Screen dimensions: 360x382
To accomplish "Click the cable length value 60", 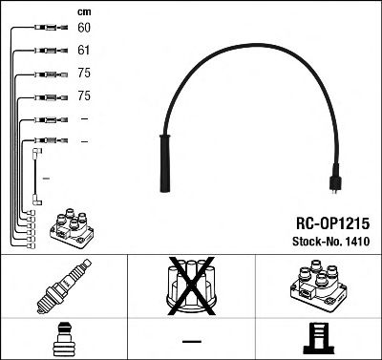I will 83,29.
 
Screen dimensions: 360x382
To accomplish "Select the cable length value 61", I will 83,51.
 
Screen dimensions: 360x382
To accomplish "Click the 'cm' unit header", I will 82,10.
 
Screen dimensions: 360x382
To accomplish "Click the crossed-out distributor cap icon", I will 192,286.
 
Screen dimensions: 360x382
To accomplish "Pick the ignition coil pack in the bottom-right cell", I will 319,287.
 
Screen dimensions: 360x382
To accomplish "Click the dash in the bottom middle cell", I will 192,340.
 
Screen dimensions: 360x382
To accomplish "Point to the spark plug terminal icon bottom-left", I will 64,339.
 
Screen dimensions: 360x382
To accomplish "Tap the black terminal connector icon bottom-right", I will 319,339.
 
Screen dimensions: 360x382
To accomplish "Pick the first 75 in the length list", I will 83,74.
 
